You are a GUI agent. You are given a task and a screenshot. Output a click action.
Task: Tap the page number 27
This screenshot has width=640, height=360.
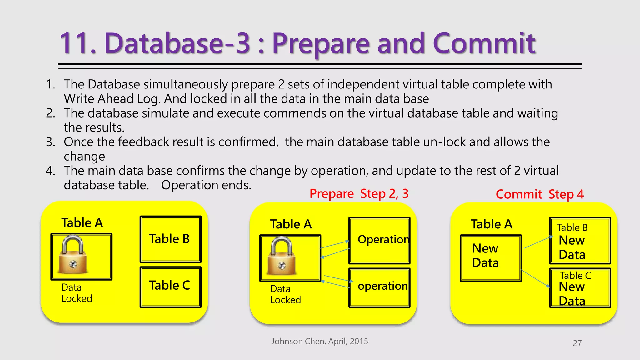click(x=577, y=343)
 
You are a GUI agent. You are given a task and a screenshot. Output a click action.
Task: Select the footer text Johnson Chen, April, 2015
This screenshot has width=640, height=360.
click(x=319, y=341)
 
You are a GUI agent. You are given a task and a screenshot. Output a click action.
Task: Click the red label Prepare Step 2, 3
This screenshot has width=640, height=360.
click(x=359, y=194)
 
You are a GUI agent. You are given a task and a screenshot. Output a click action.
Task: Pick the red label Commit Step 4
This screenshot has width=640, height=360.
click(x=540, y=194)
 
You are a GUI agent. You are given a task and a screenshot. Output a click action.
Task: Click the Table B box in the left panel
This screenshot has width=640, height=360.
click(x=170, y=239)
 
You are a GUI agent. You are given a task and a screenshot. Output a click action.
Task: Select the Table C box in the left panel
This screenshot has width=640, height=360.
click(x=170, y=287)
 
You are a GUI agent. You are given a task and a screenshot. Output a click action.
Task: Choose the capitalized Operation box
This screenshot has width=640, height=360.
click(x=379, y=240)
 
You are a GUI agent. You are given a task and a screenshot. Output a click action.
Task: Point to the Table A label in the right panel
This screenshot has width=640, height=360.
click(x=491, y=224)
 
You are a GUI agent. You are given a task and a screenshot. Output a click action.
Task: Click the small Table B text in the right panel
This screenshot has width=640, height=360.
click(x=572, y=227)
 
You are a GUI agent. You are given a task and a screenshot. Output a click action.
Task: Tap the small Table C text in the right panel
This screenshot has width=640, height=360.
click(x=575, y=276)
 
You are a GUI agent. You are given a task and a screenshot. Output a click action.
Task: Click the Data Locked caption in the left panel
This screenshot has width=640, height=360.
click(x=76, y=293)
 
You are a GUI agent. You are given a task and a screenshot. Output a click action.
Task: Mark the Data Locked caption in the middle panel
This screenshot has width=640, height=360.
click(x=285, y=294)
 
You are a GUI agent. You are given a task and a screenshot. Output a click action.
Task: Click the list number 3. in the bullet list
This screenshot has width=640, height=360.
click(x=51, y=142)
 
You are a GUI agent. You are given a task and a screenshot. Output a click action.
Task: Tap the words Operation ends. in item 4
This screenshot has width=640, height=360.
click(x=206, y=185)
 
